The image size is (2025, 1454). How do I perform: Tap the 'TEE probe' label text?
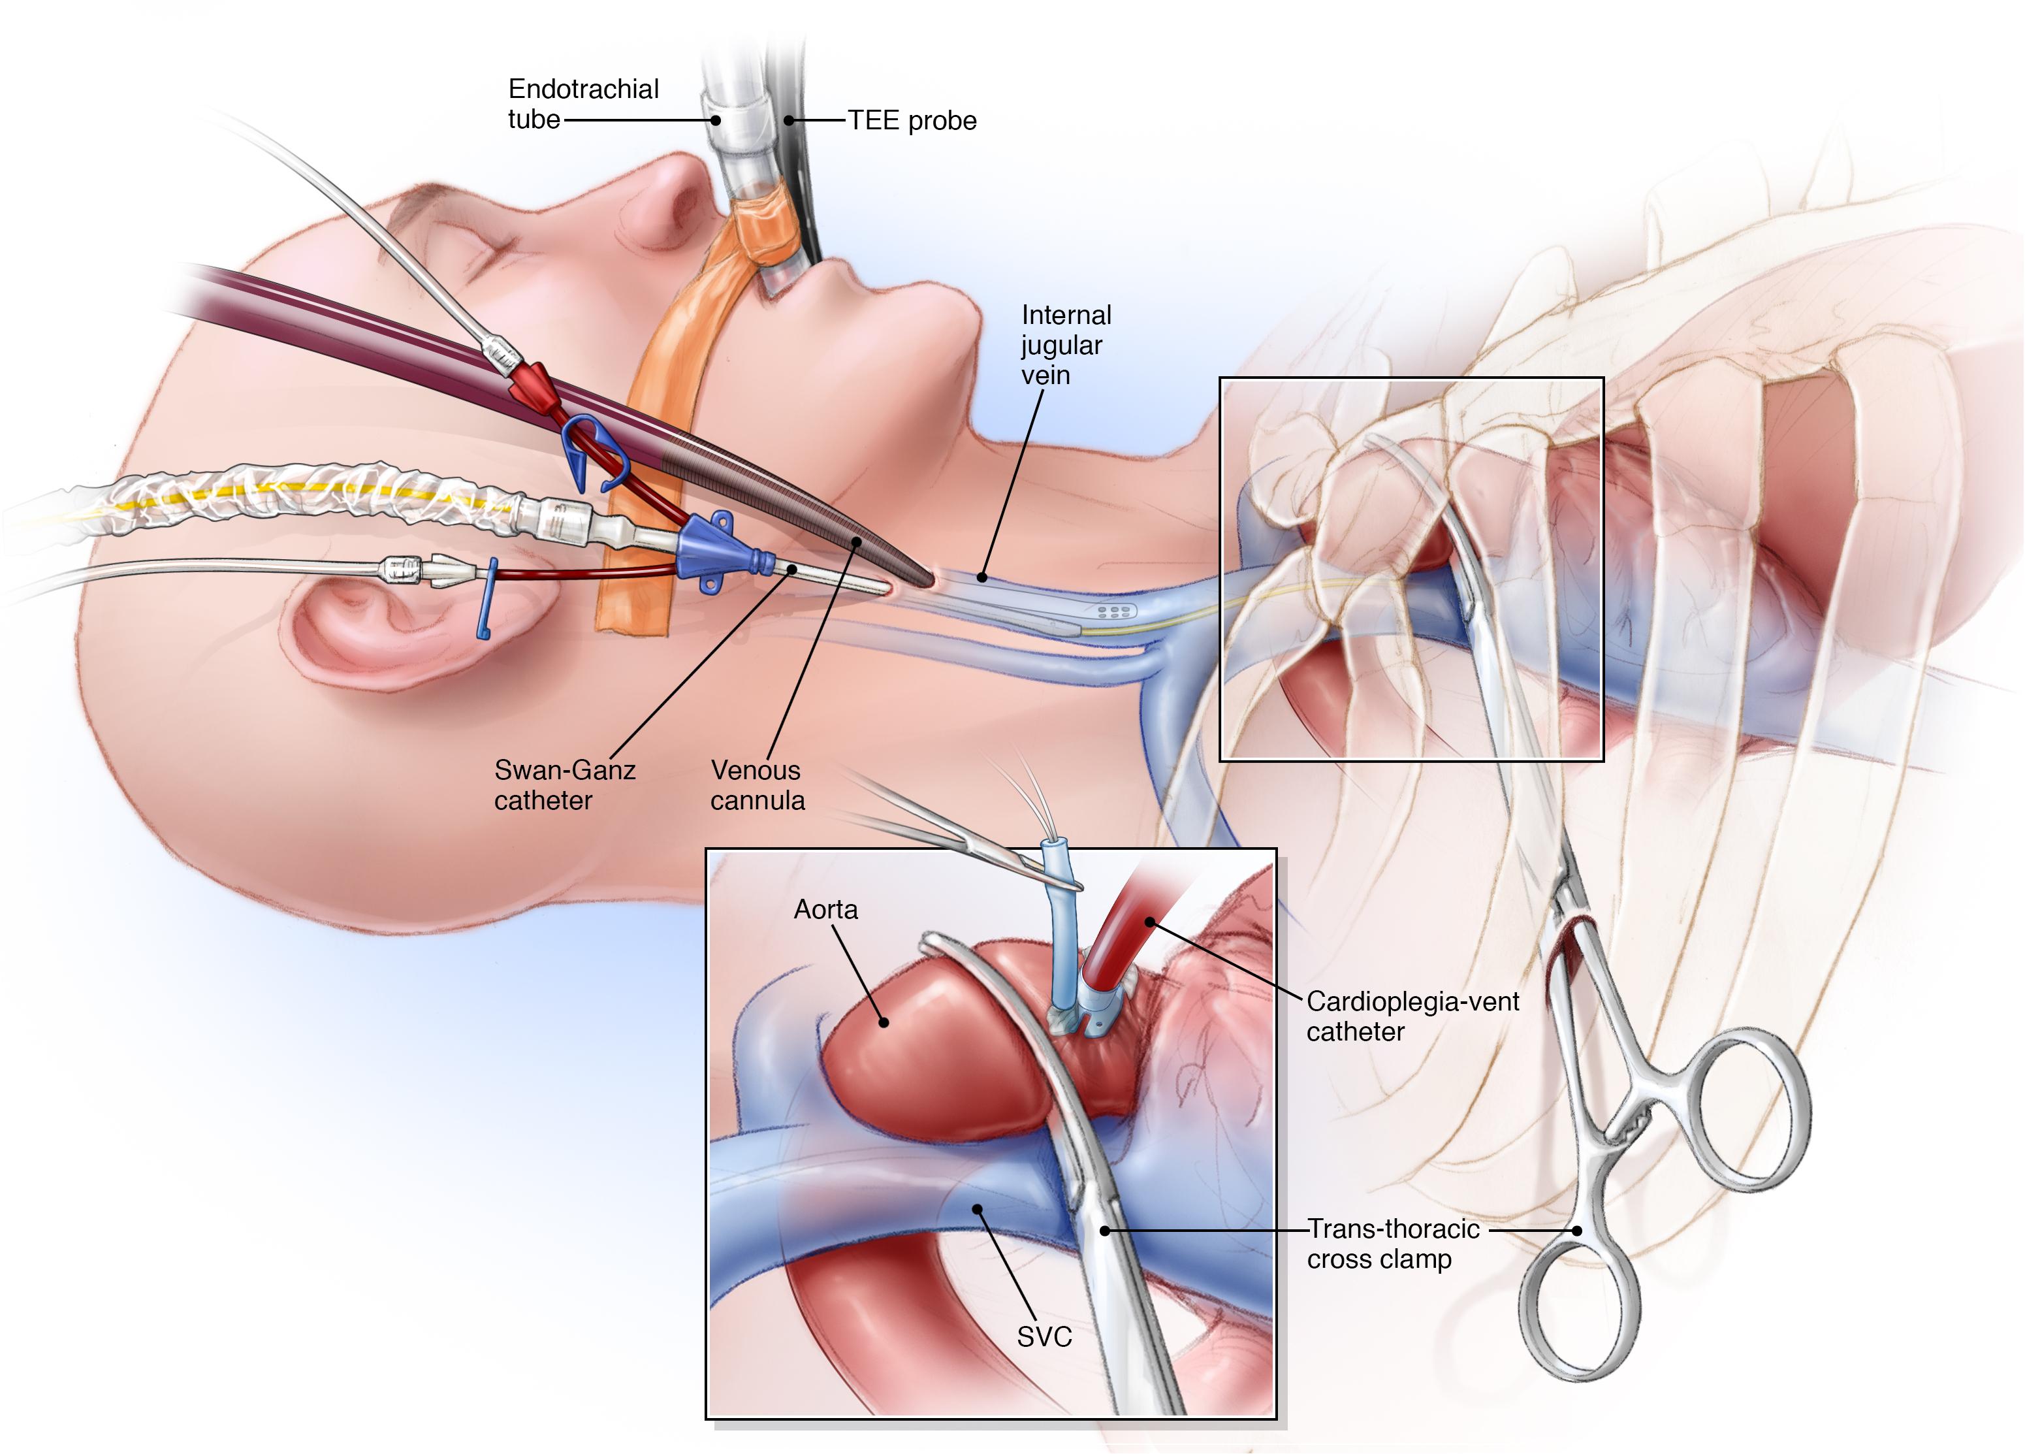[912, 121]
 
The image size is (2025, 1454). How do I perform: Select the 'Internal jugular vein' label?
[1065, 345]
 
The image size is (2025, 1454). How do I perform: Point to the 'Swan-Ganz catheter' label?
[564, 784]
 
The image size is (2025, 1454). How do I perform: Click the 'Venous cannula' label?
[757, 784]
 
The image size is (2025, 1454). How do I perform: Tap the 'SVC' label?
[1044, 1337]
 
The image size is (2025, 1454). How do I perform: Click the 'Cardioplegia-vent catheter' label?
[1412, 1016]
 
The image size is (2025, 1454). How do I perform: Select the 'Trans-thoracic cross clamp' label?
[1392, 1244]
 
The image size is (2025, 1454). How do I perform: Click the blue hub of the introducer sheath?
[710, 549]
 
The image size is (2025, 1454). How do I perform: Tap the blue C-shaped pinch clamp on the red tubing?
[594, 451]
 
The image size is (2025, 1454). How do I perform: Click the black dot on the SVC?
[978, 1209]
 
